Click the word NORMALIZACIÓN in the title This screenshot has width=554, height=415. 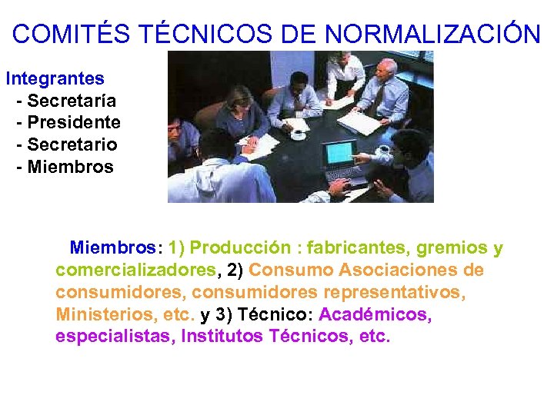pyautogui.click(x=432, y=34)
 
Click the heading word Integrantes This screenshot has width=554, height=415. pyautogui.click(x=55, y=78)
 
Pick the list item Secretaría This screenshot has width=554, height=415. pyautogui.click(x=71, y=101)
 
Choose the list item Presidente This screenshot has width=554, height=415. pyautogui.click(x=73, y=123)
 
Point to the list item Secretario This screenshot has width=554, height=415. pyautogui.click(x=72, y=144)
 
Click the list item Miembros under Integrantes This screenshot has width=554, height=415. pyautogui.click(x=70, y=167)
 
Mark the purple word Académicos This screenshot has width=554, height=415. pyautogui.click(x=375, y=315)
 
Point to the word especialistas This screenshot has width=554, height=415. pyautogui.click(x=115, y=337)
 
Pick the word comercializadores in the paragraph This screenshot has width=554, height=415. pyautogui.click(x=136, y=271)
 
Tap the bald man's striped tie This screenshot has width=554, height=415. pyautogui.click(x=380, y=99)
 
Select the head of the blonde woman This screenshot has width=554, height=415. pyautogui.click(x=239, y=97)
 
